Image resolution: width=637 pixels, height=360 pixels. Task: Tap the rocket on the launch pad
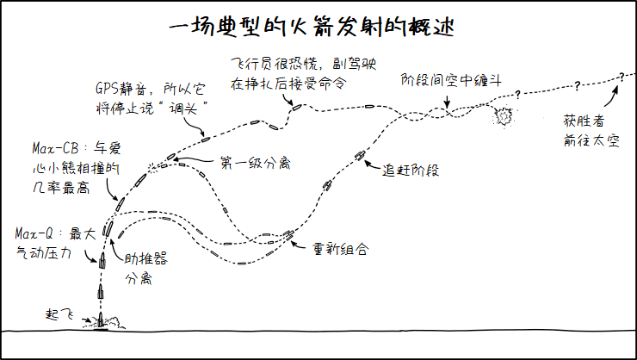pos(102,321)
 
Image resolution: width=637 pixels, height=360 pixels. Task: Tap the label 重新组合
pos(341,249)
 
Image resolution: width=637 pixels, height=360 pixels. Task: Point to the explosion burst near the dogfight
pos(503,115)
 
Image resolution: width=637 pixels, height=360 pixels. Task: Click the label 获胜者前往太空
pos(585,130)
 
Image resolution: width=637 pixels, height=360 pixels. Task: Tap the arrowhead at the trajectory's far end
pos(619,78)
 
